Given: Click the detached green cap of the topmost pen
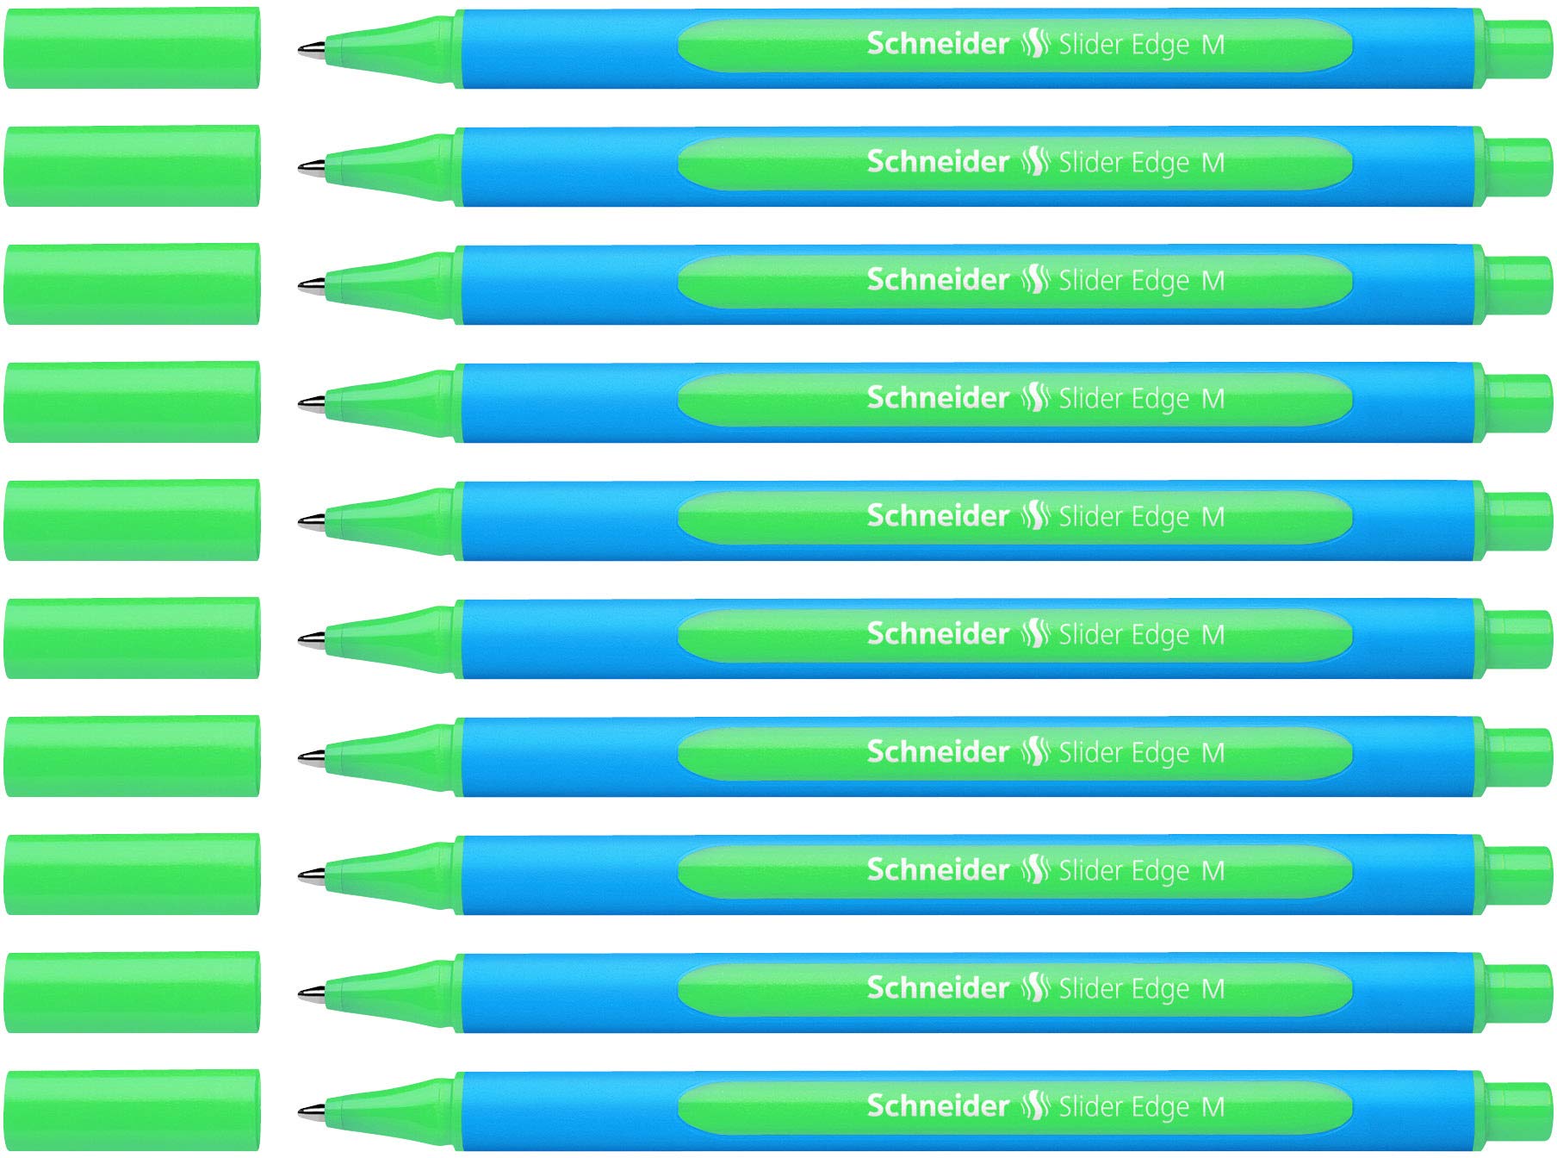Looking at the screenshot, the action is pyautogui.click(x=132, y=47).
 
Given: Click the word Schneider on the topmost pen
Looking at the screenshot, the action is pyautogui.click(x=937, y=44).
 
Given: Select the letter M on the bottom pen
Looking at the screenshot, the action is pyautogui.click(x=1213, y=1106).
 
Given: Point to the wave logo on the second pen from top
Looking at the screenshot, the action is pyautogui.click(x=1033, y=162).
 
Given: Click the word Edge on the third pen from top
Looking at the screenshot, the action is pyautogui.click(x=1160, y=281).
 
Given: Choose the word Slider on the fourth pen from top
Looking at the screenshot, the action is pyautogui.click(x=1090, y=398).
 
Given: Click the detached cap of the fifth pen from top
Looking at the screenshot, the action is pyautogui.click(x=132, y=520).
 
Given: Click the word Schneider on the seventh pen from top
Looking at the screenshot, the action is pyautogui.click(x=937, y=752).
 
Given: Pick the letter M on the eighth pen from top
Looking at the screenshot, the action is pyautogui.click(x=1213, y=870).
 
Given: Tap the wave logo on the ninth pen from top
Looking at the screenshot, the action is pyautogui.click(x=1033, y=988).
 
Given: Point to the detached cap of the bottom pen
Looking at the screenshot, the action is pyautogui.click(x=132, y=1110).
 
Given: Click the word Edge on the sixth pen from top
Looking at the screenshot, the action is pyautogui.click(x=1160, y=635).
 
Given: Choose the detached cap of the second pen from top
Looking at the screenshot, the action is pyautogui.click(x=132, y=165).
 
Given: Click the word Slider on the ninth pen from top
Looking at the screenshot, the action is pyautogui.click(x=1090, y=988).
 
